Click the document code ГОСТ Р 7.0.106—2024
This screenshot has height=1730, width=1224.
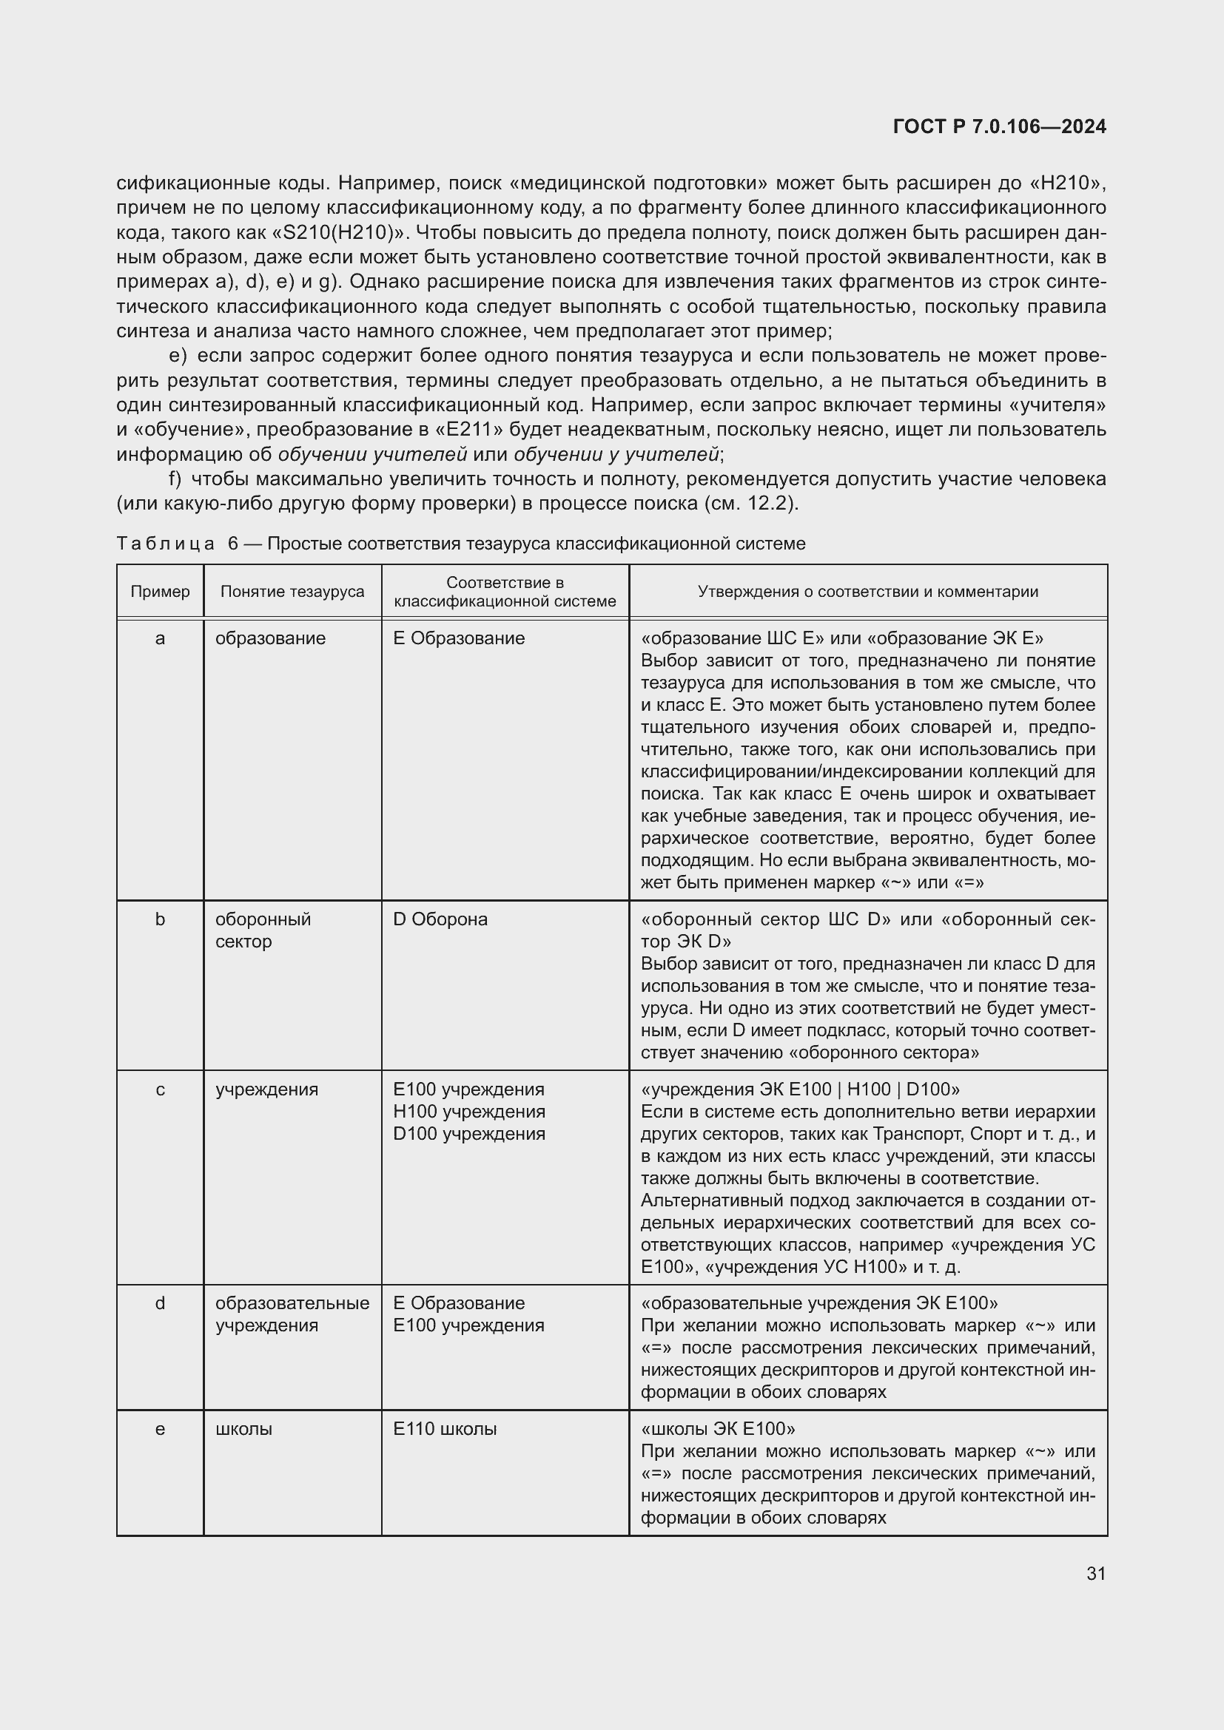(999, 126)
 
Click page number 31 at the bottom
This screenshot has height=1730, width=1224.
(1096, 1573)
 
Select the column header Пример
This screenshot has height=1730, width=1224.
(160, 592)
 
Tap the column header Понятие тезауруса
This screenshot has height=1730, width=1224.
(292, 592)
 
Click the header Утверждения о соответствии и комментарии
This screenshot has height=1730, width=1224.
(867, 592)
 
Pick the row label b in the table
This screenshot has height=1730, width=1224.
(160, 919)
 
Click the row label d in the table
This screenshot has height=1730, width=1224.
(160, 1302)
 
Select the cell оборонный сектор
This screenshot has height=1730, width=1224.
(263, 930)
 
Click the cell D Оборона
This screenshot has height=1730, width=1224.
(440, 919)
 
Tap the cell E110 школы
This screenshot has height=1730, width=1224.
(445, 1429)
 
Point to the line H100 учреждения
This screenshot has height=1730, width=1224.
(468, 1112)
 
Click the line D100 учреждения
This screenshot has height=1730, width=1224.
(468, 1133)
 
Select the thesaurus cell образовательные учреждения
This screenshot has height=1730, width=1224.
(292, 1314)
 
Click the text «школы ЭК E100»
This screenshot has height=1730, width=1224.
(718, 1429)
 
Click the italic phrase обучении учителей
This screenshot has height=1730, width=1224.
(372, 454)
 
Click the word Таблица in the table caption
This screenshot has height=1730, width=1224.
(165, 544)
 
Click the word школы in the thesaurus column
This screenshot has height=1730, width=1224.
(243, 1429)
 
